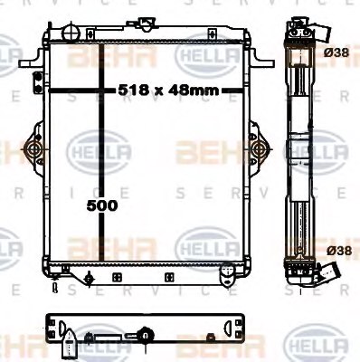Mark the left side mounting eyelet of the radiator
point(33,148)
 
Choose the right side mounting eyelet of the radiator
point(258,148)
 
